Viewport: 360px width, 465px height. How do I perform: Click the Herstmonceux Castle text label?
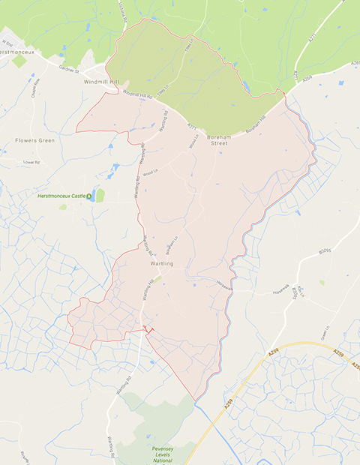point(61,196)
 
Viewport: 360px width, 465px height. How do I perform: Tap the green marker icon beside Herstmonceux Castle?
point(90,196)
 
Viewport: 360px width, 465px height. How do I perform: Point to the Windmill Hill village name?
point(102,81)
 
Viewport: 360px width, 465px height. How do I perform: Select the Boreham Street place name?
point(218,139)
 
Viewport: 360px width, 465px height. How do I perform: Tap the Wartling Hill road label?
point(148,289)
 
